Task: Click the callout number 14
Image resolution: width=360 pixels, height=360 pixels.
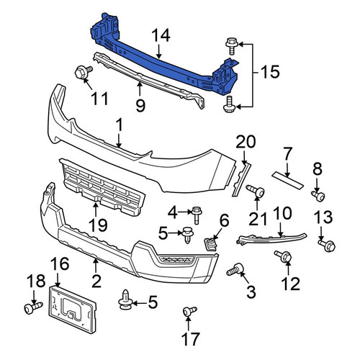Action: [161, 36]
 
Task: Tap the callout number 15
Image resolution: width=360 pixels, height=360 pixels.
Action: [270, 71]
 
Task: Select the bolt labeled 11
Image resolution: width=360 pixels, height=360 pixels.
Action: [84, 72]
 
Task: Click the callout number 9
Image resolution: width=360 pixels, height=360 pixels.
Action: [140, 106]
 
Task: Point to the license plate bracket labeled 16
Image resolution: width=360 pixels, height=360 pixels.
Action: [73, 309]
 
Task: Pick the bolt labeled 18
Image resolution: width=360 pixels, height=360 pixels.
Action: [34, 307]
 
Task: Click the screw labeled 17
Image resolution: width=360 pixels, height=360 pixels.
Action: [189, 311]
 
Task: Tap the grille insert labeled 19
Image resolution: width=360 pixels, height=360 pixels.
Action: [103, 188]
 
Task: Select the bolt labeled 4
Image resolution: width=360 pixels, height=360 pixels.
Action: [197, 215]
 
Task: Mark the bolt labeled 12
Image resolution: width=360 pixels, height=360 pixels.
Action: [283, 256]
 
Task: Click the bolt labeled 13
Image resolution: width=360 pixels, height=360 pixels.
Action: [327, 246]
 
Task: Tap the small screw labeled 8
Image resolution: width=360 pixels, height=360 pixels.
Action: [318, 195]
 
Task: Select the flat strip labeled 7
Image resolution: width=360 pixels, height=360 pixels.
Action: [288, 181]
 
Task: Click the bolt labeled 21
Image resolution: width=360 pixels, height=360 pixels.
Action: [256, 191]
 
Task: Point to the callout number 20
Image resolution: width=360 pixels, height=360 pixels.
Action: [246, 142]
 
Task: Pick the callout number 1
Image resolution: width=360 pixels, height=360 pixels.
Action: [120, 125]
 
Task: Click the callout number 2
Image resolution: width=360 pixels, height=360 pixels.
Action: [96, 281]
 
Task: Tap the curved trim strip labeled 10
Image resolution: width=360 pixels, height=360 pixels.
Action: [271, 238]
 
